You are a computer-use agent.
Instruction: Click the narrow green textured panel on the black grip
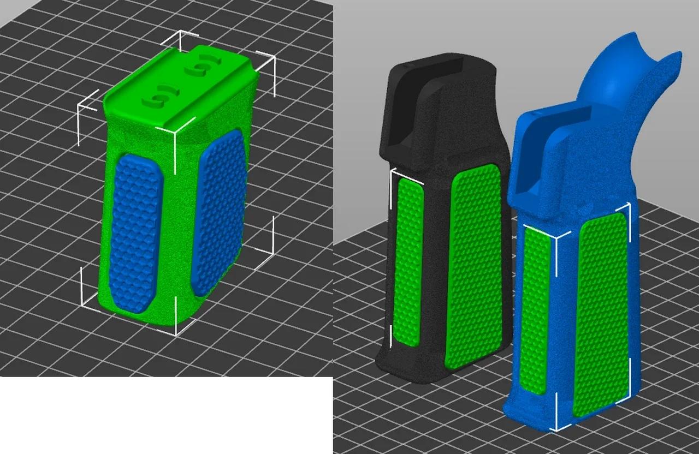tap(408, 262)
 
